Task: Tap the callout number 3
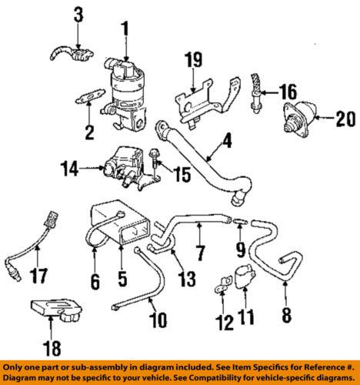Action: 77,13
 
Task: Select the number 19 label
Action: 194,59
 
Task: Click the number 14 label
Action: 69,166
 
